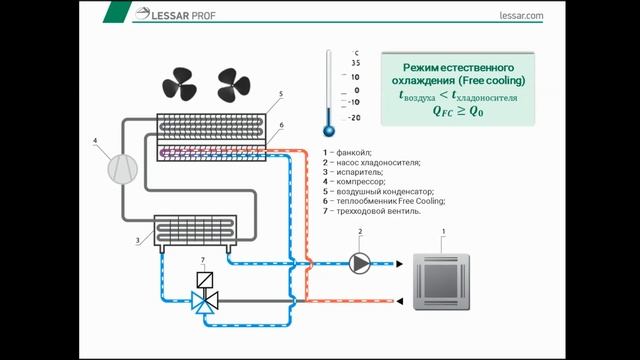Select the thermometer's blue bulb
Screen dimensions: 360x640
click(x=327, y=129)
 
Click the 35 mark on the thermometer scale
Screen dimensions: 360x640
click(x=355, y=62)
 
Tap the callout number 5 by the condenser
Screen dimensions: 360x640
click(x=281, y=94)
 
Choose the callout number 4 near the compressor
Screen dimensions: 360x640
click(x=96, y=140)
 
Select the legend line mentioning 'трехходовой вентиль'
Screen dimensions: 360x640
click(x=371, y=211)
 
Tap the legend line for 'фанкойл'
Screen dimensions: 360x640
click(x=347, y=151)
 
